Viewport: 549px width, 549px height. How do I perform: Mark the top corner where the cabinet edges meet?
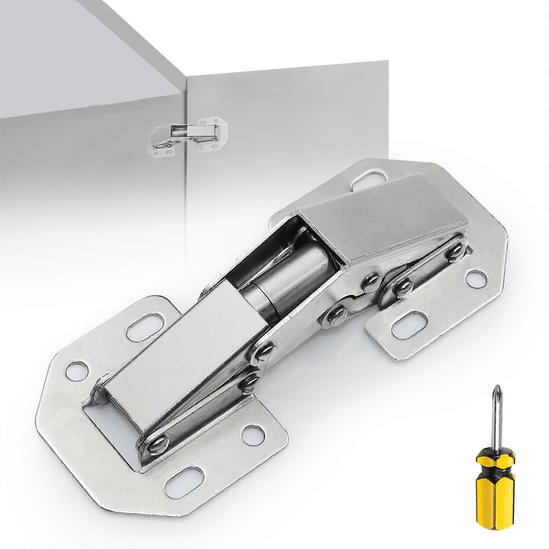pyautogui.click(x=186, y=76)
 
